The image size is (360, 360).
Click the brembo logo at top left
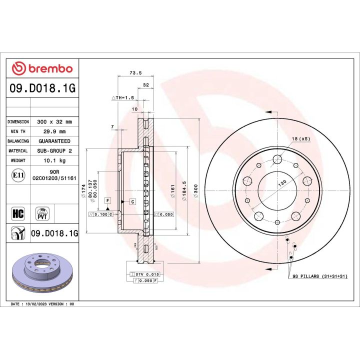(42, 68)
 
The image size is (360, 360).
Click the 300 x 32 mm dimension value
(55, 121)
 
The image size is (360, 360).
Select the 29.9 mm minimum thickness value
(55, 131)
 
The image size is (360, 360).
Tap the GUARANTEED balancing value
(55, 141)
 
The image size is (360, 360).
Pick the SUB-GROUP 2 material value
(55, 151)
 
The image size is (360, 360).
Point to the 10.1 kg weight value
(55, 161)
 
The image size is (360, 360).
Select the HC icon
(18, 214)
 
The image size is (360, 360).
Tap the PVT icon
(42, 214)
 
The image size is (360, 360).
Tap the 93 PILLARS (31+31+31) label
(319, 276)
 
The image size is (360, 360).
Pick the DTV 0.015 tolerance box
(143, 275)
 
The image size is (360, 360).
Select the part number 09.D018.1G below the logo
(42, 88)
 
